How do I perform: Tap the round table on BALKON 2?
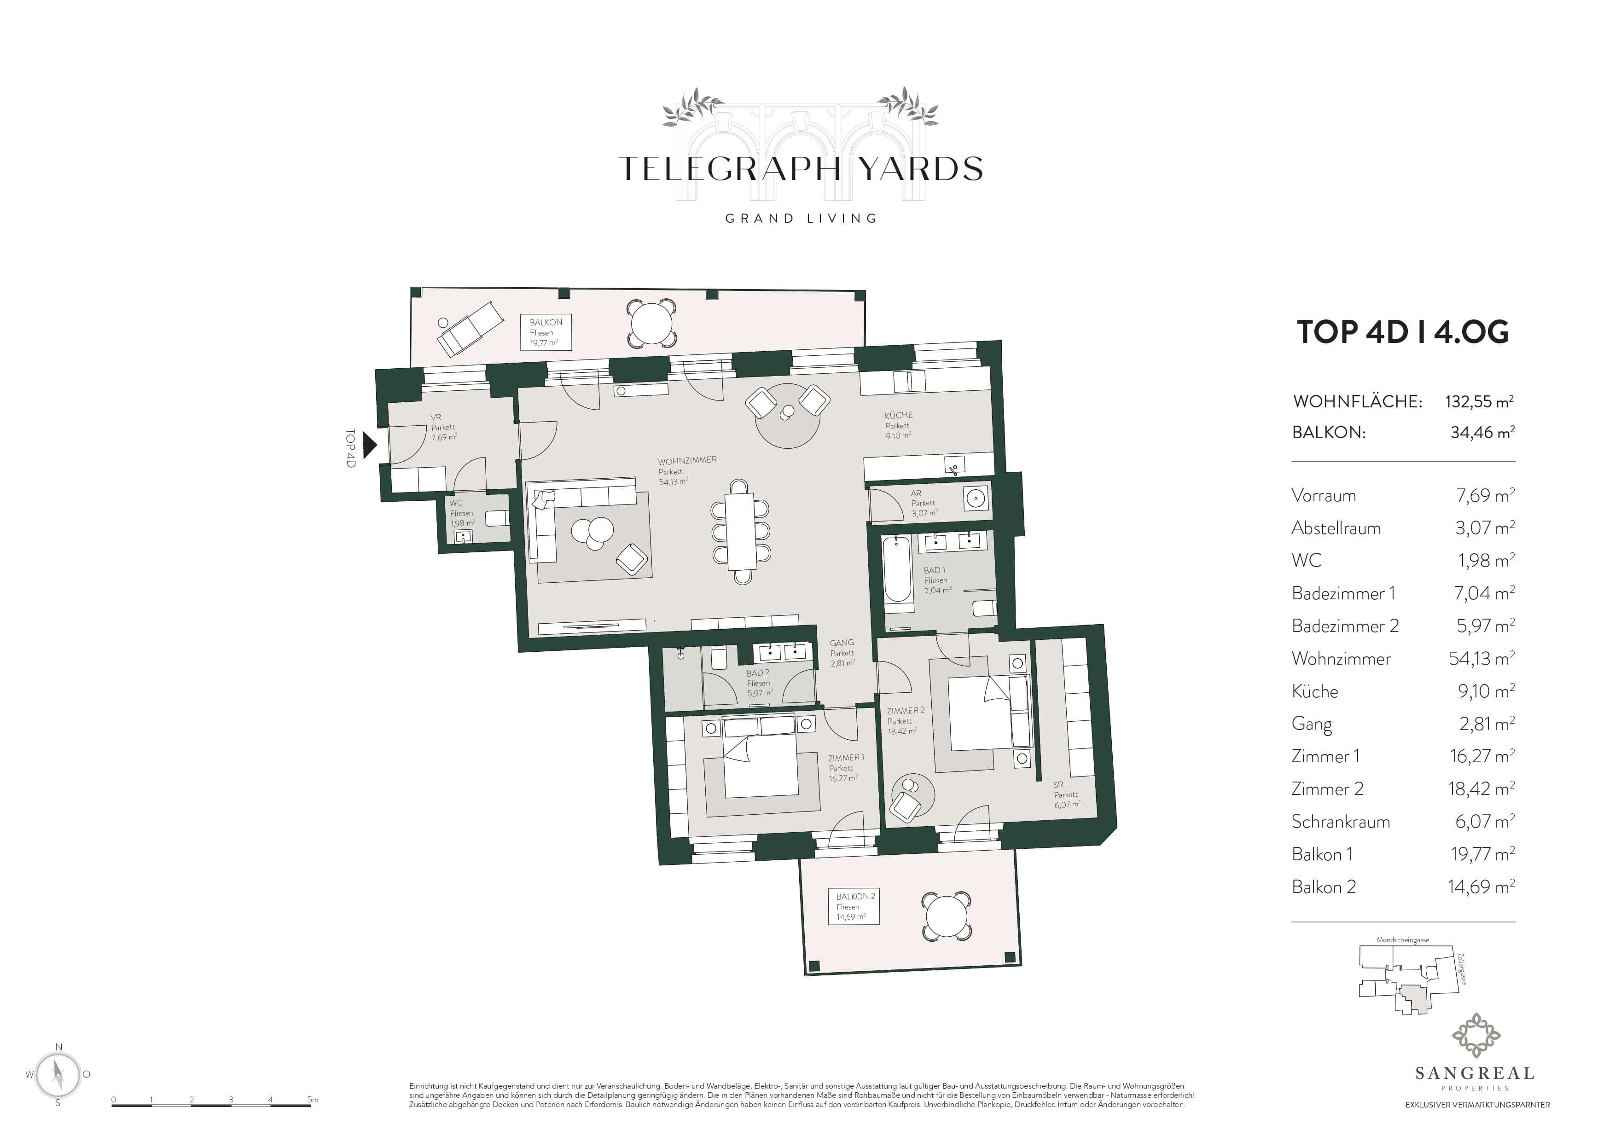(x=947, y=917)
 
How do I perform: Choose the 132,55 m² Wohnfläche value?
(x=1479, y=401)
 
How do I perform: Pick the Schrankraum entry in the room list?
(x=1341, y=821)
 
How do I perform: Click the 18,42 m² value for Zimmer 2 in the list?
(x=1481, y=788)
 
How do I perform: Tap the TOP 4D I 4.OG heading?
(x=1403, y=332)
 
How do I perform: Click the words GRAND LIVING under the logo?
(x=801, y=219)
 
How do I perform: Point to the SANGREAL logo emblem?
(x=1476, y=1036)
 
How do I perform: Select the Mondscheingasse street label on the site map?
(x=1403, y=939)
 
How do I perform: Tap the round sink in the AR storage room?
(x=976, y=499)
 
